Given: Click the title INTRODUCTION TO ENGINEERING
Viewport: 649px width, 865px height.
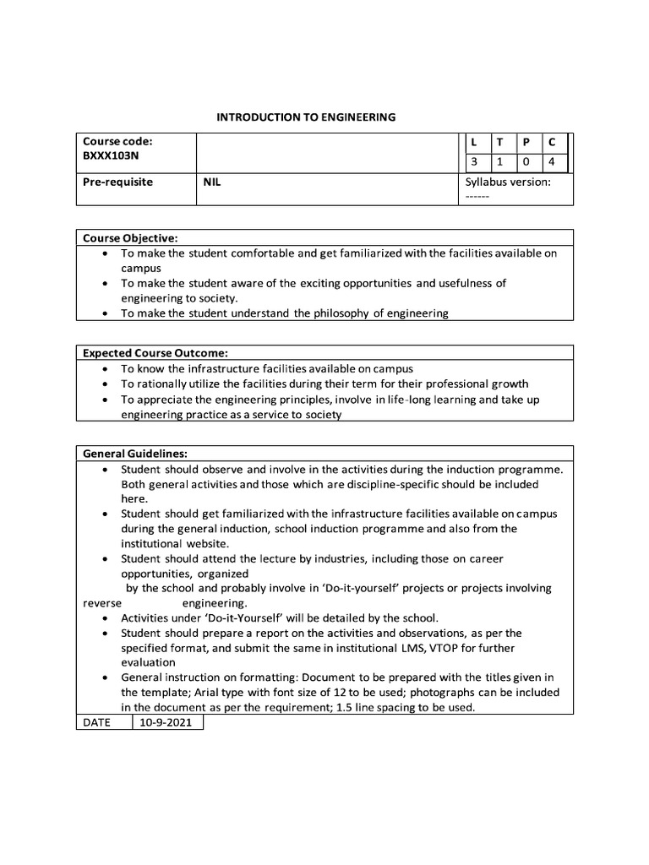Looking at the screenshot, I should point(306,117).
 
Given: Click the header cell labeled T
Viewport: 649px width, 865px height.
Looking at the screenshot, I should point(500,143).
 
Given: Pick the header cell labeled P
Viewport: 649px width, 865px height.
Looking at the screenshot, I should point(526,143).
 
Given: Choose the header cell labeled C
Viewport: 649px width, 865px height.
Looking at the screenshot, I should point(552,143).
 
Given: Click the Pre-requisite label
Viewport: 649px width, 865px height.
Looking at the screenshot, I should point(117,182).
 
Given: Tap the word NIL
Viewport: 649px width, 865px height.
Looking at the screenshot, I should point(212,182).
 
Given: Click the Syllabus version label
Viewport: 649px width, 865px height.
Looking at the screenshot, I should point(508,182).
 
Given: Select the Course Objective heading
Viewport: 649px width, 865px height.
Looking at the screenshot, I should point(130,238).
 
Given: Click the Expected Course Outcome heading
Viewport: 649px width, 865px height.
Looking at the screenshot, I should point(155,353).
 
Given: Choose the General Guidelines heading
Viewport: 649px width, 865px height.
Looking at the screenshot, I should point(134,454).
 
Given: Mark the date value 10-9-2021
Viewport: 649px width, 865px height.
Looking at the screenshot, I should point(167,723).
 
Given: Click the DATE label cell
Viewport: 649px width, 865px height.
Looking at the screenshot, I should point(96,723).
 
